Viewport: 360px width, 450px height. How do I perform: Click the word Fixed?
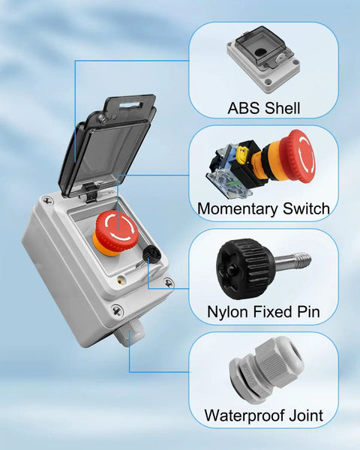click(x=269, y=311)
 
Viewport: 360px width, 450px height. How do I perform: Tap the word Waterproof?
click(x=243, y=415)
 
